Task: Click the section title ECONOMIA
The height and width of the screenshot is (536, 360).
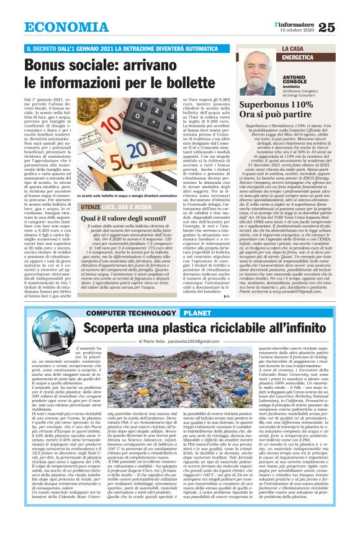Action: pos(64,27)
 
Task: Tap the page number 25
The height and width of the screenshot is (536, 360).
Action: pos(344,26)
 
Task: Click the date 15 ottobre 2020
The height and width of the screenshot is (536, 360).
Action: pos(298,30)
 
